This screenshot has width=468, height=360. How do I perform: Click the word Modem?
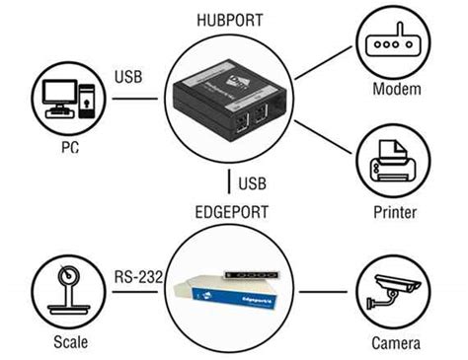[397, 90]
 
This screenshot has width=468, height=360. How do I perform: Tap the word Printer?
[397, 212]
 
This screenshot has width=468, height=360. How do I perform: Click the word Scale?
[70, 341]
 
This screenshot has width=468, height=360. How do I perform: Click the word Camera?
[396, 342]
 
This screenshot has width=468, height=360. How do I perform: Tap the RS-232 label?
[136, 276]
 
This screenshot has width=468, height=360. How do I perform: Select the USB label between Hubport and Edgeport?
[253, 183]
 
